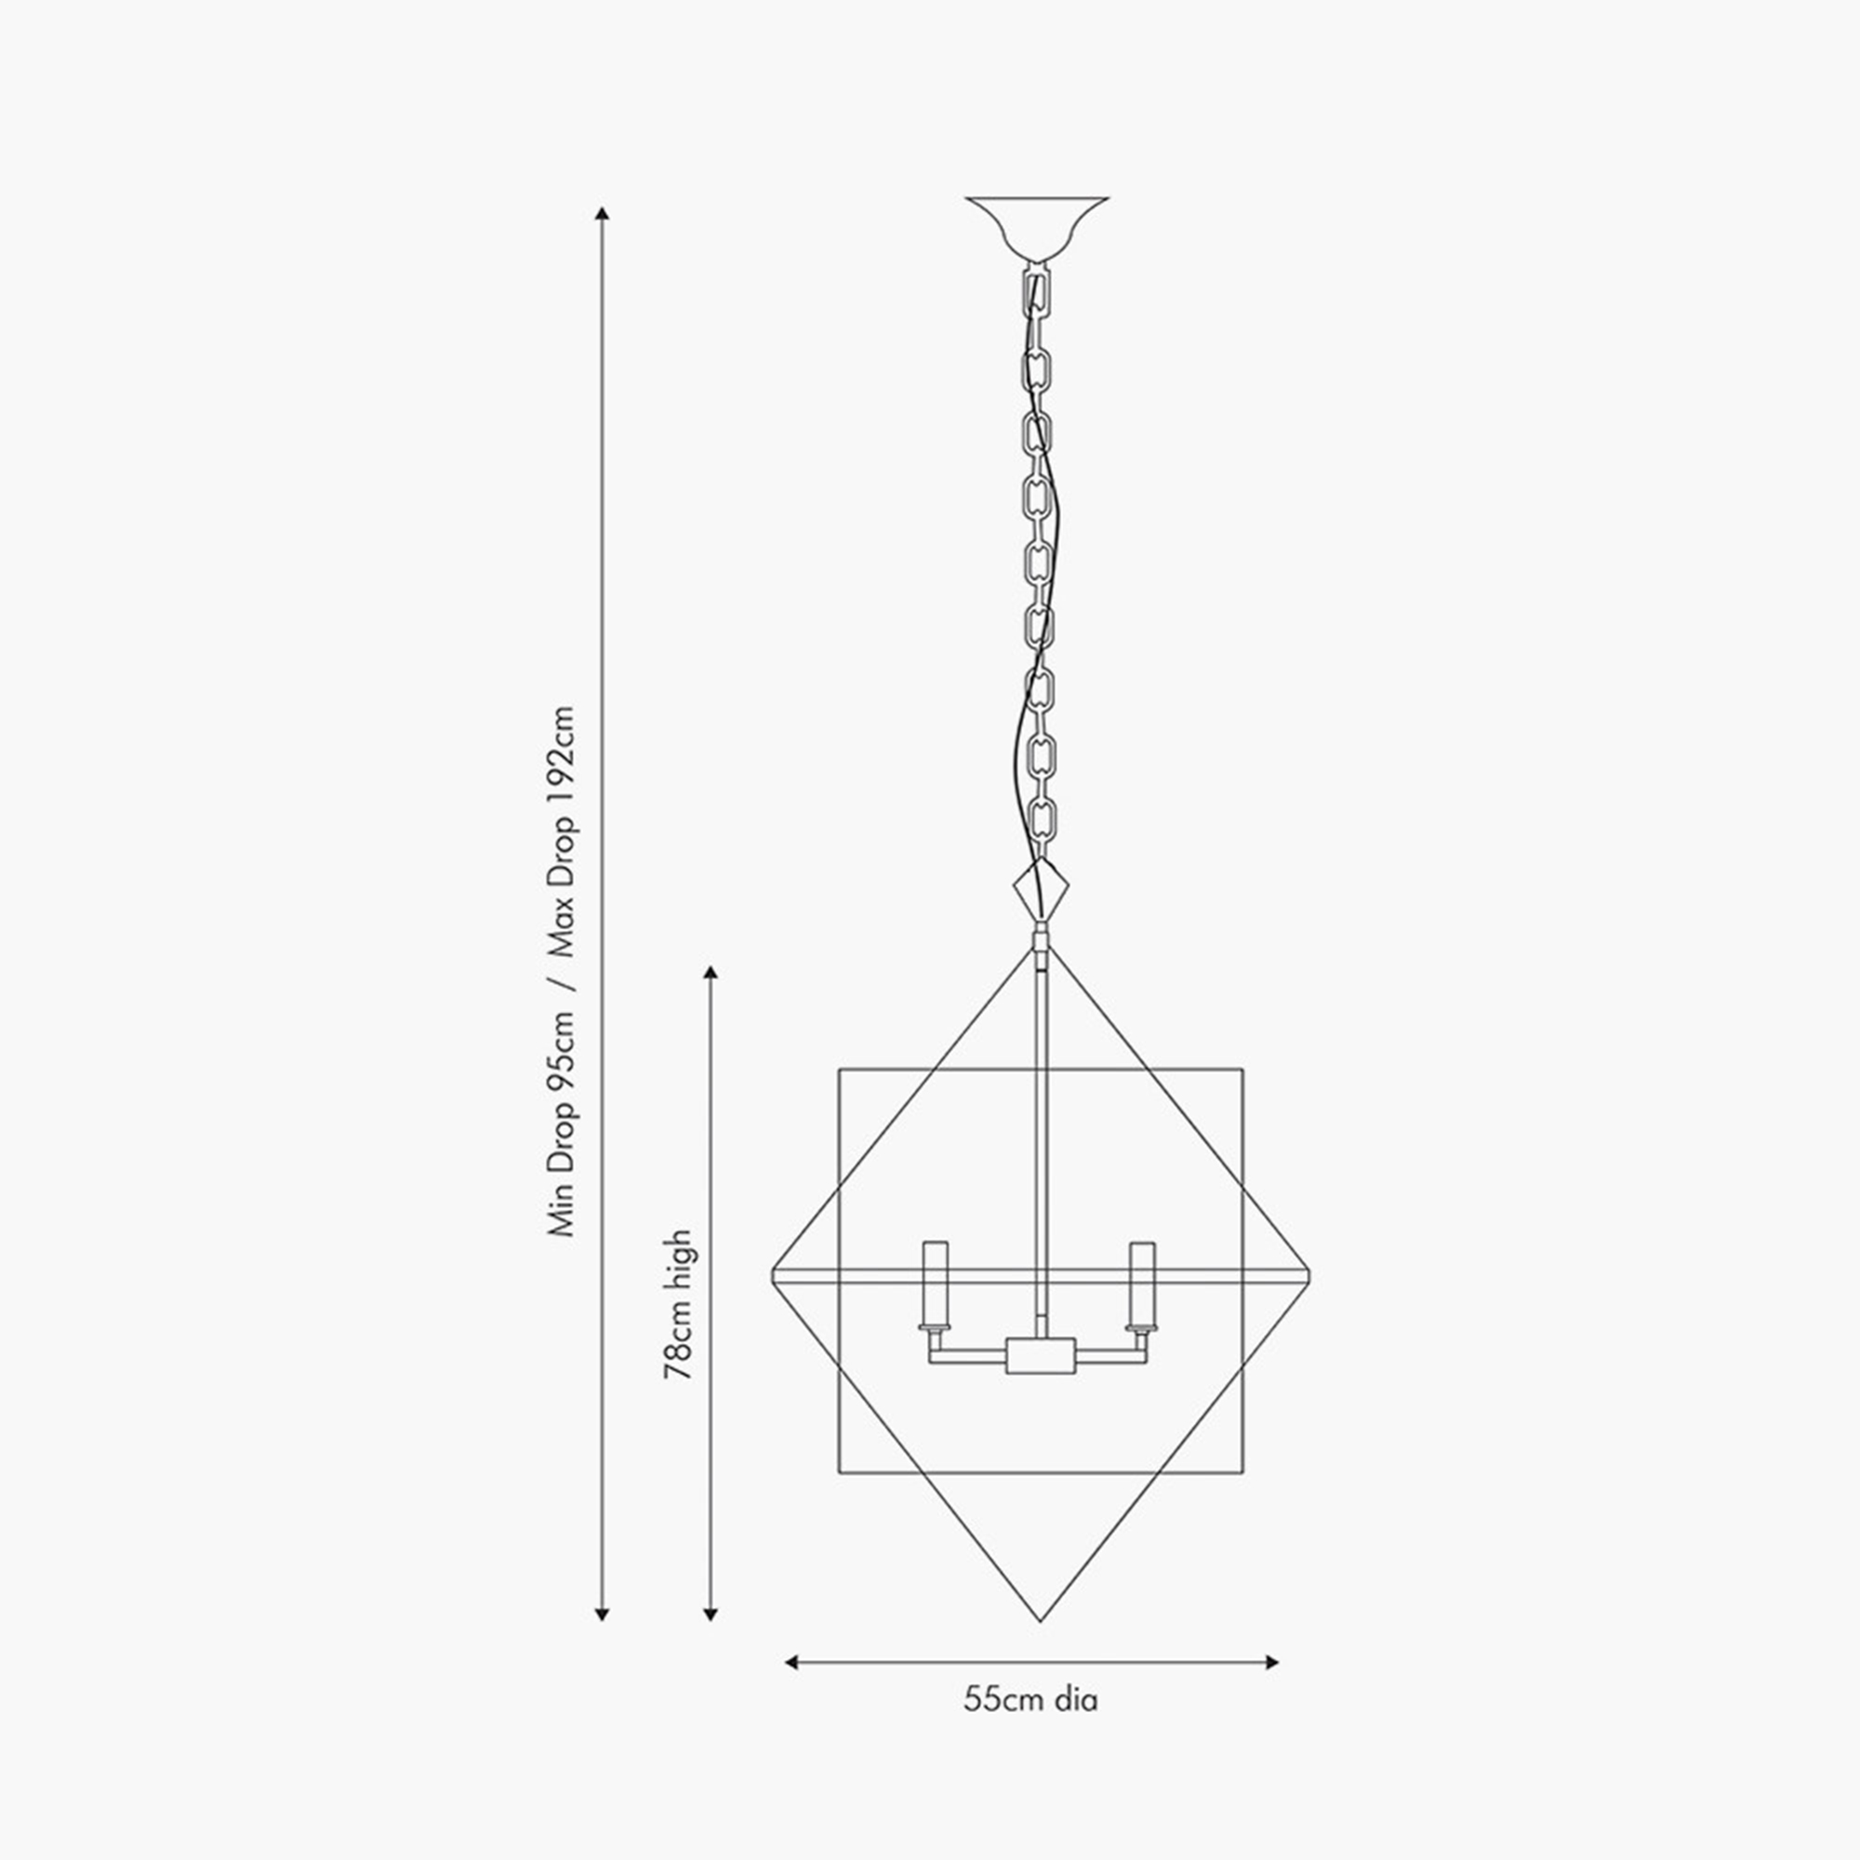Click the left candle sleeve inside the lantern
point(935,1283)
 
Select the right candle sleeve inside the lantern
point(1143,1283)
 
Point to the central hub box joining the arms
point(1040,1356)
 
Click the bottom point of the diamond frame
point(1040,1621)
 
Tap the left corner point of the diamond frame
point(772,1277)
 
